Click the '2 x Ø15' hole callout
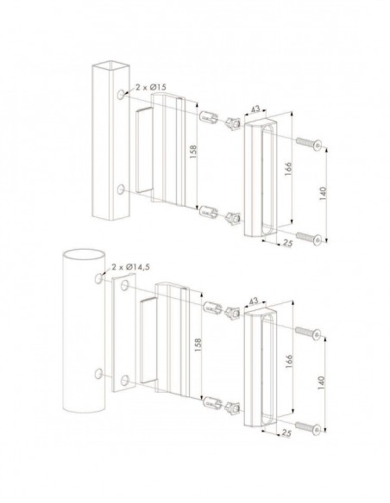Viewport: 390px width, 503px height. (x=147, y=90)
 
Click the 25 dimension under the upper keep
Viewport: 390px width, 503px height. (x=286, y=244)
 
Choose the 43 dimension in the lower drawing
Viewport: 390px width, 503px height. (x=255, y=301)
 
